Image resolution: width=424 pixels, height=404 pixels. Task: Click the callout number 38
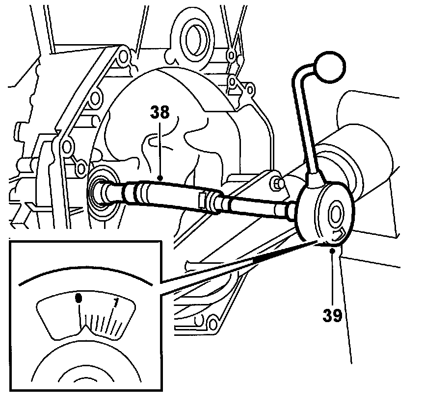click(x=160, y=113)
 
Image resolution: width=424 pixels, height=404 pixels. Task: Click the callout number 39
click(x=332, y=315)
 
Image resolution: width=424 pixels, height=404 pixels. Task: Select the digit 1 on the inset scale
click(x=116, y=303)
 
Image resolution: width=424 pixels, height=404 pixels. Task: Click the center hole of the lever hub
click(x=336, y=214)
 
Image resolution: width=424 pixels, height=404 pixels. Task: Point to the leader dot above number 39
click(x=332, y=251)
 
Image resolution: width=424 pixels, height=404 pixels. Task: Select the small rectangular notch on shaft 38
click(x=202, y=199)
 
